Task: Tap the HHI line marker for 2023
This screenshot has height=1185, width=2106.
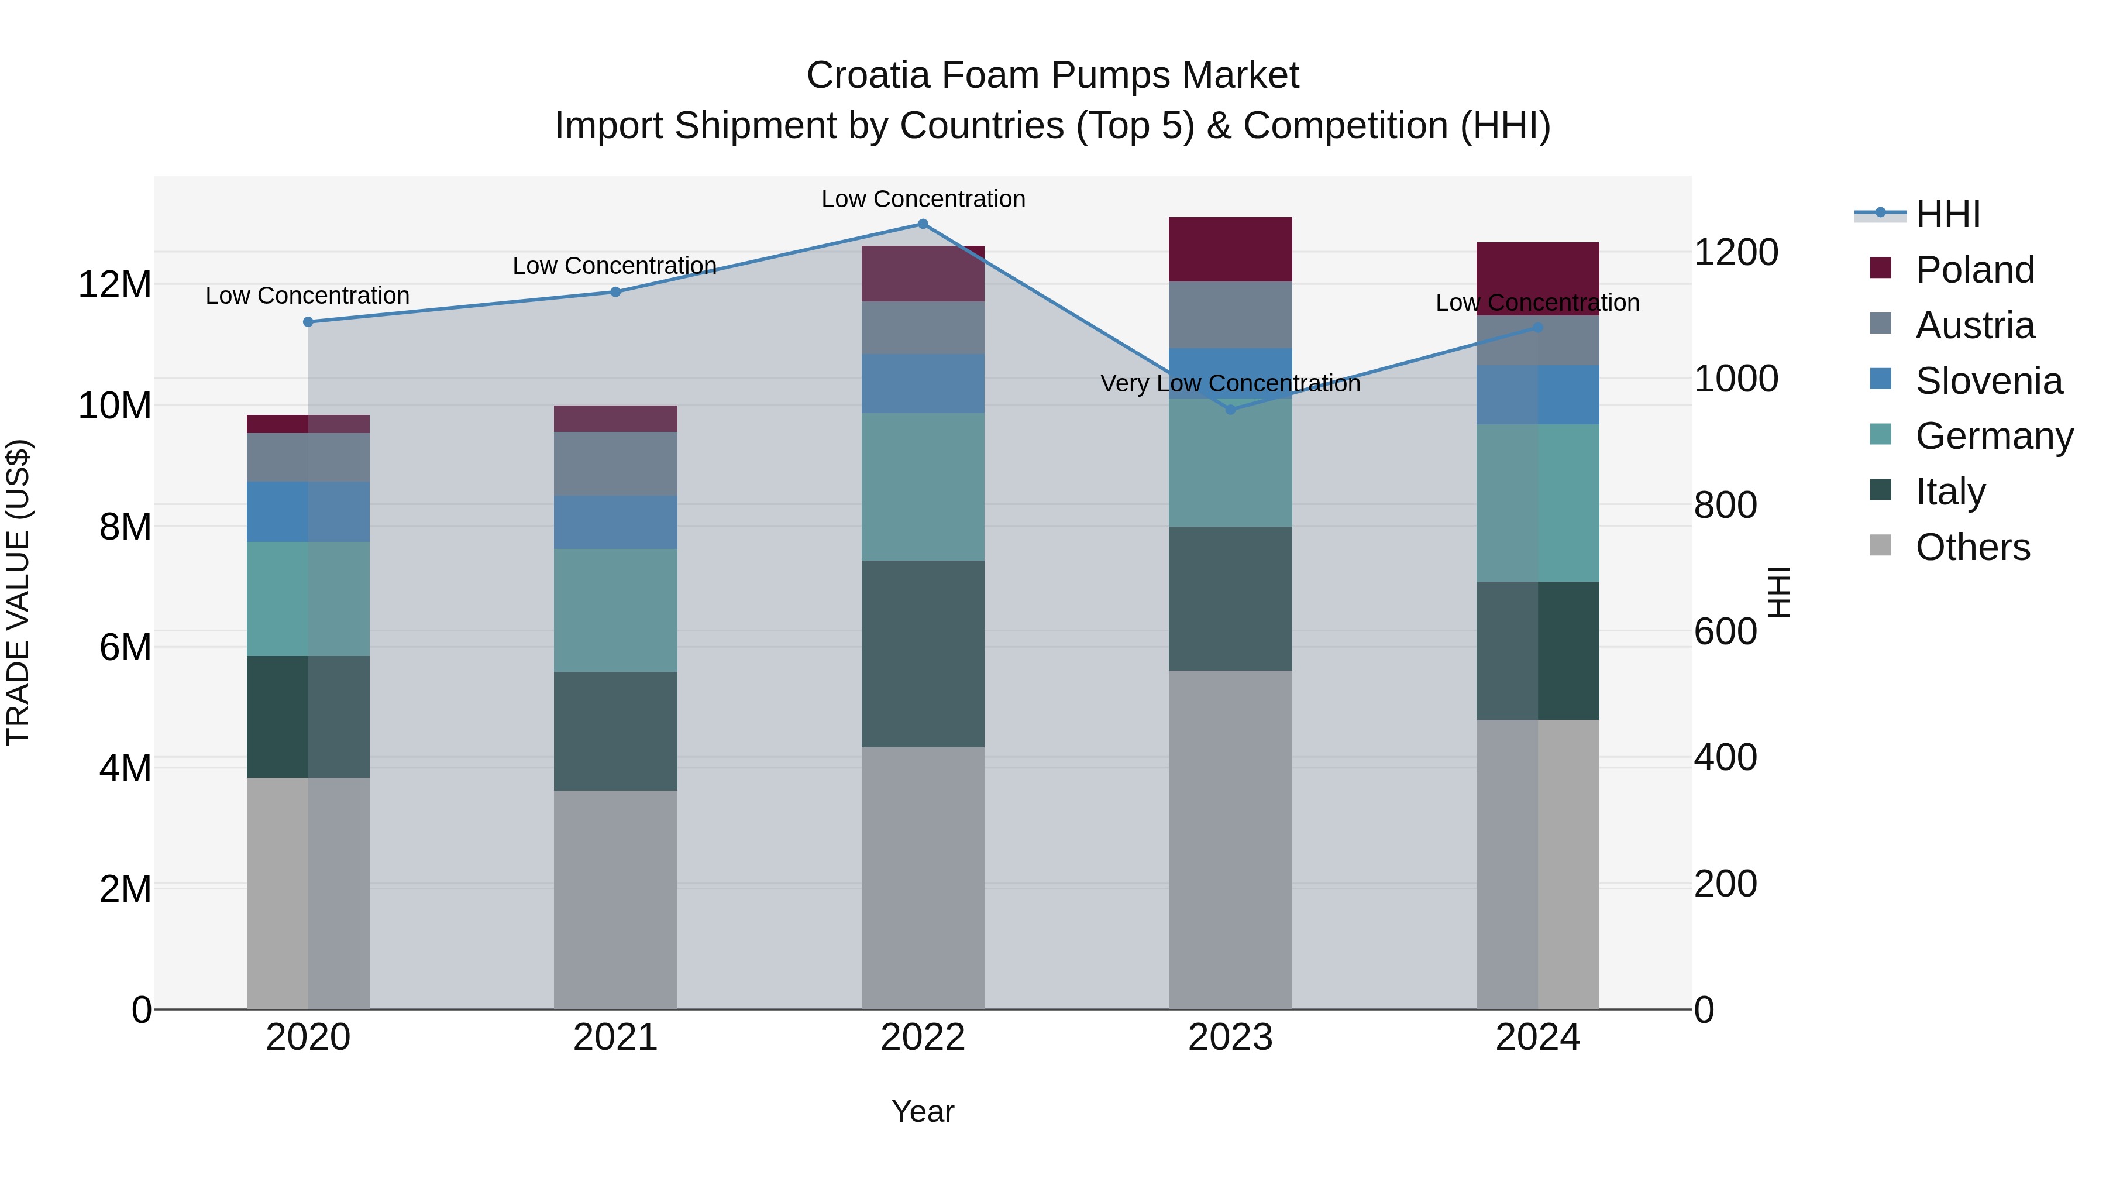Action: pos(1230,410)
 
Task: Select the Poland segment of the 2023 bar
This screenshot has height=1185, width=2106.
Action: pos(1230,249)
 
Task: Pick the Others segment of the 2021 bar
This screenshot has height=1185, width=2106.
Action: pos(615,899)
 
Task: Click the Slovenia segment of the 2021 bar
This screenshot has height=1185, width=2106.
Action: pos(615,522)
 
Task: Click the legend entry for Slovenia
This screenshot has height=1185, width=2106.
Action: pos(1988,381)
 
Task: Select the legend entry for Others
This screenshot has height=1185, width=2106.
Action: pos(1972,547)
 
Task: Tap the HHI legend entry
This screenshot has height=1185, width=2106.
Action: pos(1947,214)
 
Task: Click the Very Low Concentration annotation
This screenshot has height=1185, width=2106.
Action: pos(1230,383)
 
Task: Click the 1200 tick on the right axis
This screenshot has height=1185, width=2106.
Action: pos(1735,253)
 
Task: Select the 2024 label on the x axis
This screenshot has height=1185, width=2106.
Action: pos(1537,1038)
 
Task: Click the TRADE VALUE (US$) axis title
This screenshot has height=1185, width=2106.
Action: pos(18,592)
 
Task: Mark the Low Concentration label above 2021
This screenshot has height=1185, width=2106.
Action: pos(615,266)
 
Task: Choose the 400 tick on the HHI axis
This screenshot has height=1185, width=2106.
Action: pos(1725,758)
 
